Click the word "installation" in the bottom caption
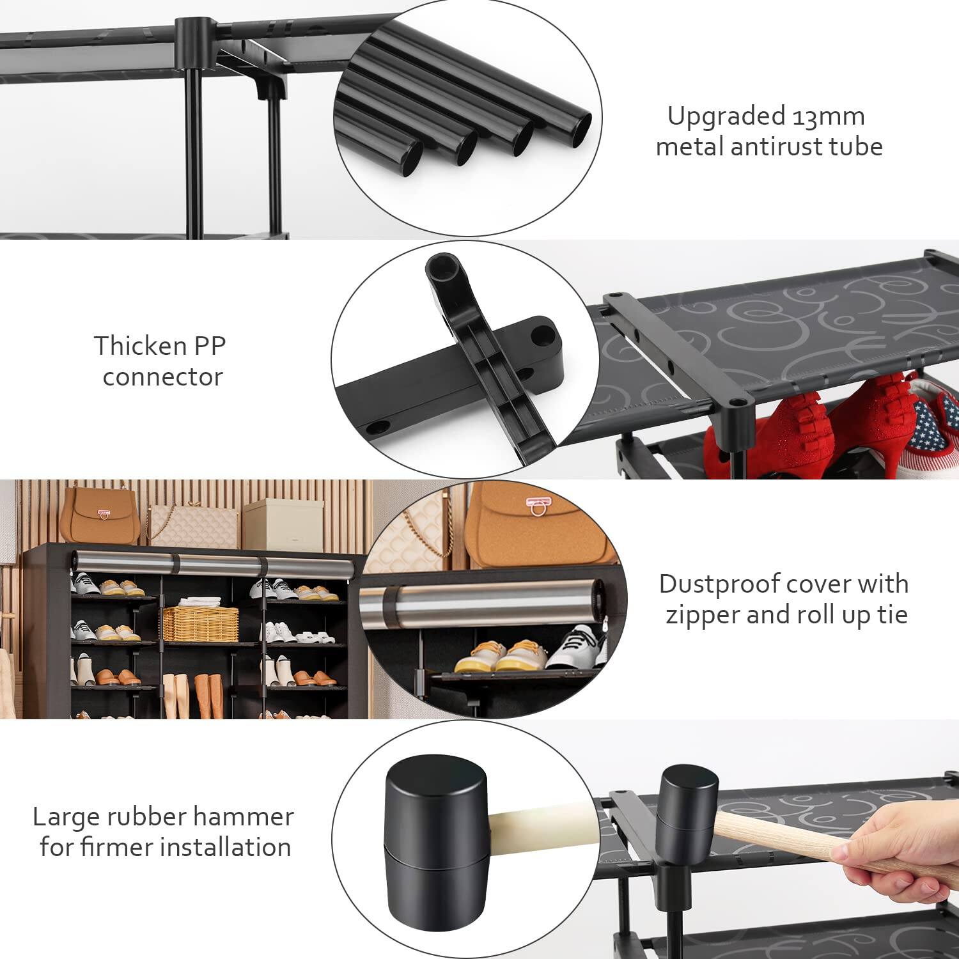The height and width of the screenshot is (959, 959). click(x=225, y=847)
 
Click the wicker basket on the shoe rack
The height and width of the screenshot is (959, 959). click(x=200, y=623)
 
